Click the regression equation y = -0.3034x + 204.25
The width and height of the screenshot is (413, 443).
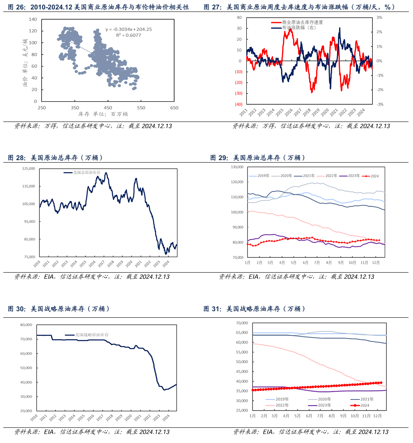(128, 30)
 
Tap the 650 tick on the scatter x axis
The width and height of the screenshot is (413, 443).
(174, 108)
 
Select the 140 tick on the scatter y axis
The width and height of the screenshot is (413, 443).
(33, 19)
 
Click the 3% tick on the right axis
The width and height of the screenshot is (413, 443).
(379, 18)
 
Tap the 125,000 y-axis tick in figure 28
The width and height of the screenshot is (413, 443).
(28, 169)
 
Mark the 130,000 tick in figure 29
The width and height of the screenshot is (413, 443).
(237, 167)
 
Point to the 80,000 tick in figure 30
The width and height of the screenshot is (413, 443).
(26, 325)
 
